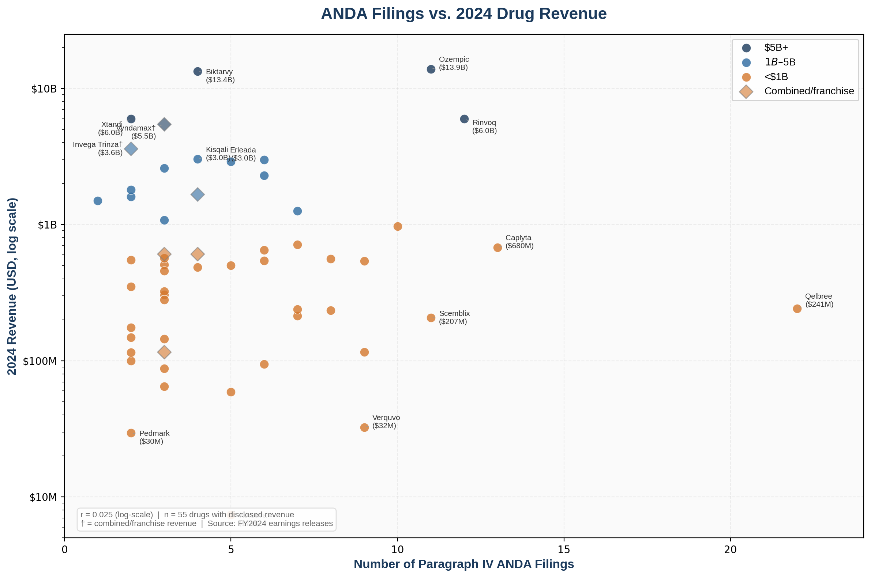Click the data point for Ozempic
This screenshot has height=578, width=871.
431,69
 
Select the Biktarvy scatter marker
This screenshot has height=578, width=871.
198,72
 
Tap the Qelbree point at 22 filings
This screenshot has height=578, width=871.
797,309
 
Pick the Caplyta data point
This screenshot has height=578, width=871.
498,248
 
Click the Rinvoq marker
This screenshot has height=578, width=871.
464,119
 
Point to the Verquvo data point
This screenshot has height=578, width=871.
364,427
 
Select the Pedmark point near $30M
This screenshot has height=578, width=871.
131,433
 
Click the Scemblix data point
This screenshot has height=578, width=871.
431,318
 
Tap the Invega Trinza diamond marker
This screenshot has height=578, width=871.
131,149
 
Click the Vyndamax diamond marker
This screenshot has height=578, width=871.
165,125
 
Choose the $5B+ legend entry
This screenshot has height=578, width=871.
776,48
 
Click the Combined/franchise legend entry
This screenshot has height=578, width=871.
809,91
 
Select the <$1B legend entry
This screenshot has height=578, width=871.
776,77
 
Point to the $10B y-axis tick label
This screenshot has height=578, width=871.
44,89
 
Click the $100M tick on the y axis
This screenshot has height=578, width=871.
40,361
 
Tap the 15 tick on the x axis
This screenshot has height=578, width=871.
564,549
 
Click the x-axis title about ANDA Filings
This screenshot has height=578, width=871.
463,564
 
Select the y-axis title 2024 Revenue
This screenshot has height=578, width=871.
12,286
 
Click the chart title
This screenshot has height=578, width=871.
463,14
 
